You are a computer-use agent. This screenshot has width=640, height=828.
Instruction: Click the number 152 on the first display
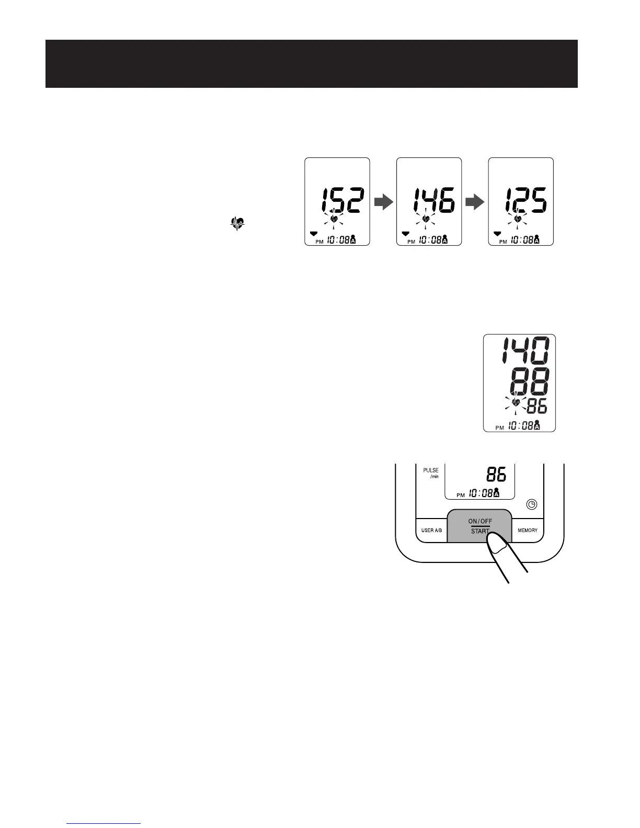(341, 201)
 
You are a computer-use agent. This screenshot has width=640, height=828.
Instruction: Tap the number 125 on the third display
(524, 201)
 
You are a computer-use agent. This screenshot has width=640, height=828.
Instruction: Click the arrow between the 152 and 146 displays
(383, 202)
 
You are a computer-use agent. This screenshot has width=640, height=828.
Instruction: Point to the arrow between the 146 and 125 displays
(475, 202)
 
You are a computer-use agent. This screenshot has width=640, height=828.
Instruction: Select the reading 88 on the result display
(529, 382)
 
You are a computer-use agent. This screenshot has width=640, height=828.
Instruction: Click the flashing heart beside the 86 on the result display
(516, 402)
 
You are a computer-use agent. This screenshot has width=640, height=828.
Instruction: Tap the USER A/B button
(431, 530)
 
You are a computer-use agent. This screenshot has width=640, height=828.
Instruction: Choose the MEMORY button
(527, 530)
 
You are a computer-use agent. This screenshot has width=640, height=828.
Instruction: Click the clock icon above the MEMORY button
(531, 504)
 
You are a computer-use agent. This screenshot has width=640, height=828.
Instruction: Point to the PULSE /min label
(431, 473)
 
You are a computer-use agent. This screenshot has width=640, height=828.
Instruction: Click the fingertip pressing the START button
(495, 548)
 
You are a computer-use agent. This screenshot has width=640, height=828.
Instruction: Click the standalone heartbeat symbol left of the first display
(237, 225)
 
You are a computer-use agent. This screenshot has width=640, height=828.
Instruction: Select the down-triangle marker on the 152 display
(313, 234)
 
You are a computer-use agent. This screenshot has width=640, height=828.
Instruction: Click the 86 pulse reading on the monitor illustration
(496, 475)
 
